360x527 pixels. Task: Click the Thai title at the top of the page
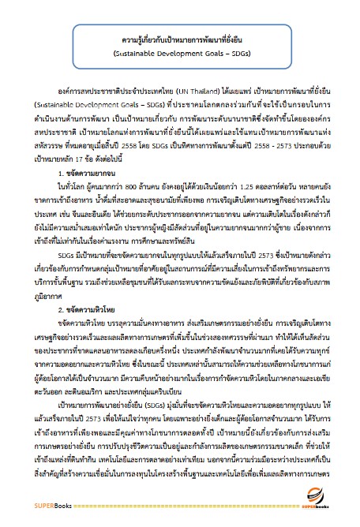pyautogui.click(x=179, y=41)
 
